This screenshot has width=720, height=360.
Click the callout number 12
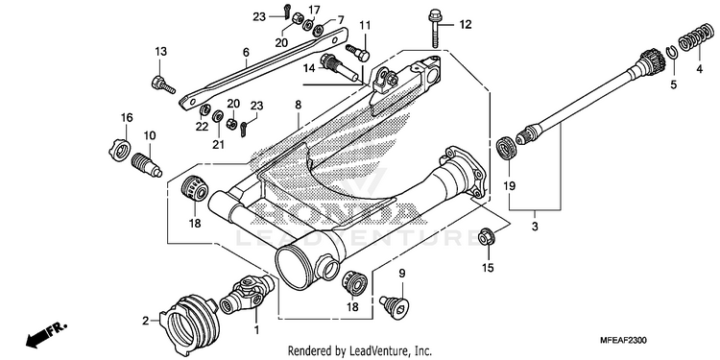[466, 24]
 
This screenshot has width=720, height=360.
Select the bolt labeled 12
[434, 29]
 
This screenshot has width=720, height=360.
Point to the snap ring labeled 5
[673, 54]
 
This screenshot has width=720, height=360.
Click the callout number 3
[535, 227]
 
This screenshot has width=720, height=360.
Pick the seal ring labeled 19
[507, 149]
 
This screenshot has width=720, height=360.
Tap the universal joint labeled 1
[247, 295]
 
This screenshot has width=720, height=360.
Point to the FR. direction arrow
[46, 334]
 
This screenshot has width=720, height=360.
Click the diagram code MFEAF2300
[623, 341]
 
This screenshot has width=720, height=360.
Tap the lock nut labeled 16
[119, 149]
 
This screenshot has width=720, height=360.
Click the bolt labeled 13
[163, 84]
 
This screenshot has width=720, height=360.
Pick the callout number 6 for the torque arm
[246, 53]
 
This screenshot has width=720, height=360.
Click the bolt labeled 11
[358, 52]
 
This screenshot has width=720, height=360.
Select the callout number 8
[298, 105]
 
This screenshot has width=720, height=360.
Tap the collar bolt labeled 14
[341, 67]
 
